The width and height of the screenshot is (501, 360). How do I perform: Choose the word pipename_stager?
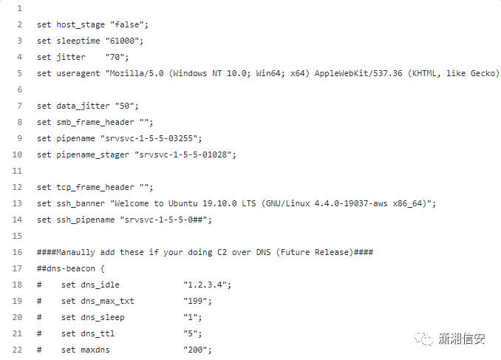pyautogui.click(x=93, y=154)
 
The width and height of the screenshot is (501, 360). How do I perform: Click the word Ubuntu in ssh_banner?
pyautogui.click(x=187, y=203)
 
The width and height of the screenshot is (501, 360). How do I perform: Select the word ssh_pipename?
pyautogui.click(x=86, y=220)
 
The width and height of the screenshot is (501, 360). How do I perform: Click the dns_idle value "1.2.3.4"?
pyautogui.click(x=208, y=285)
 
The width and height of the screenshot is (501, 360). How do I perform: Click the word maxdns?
pyautogui.click(x=95, y=350)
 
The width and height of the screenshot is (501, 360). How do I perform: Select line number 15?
pyautogui.click(x=17, y=236)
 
